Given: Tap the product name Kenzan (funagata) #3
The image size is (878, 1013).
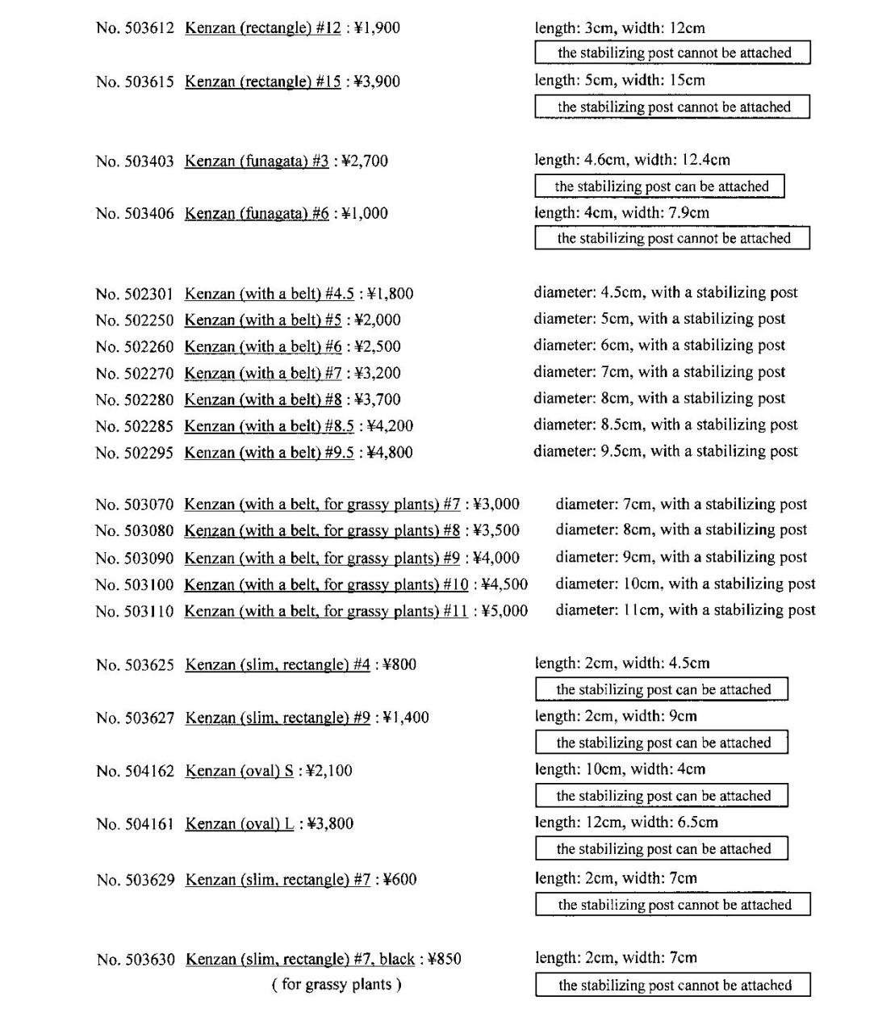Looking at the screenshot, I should tap(257, 161).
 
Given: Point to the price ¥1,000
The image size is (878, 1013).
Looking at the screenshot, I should tap(365, 214).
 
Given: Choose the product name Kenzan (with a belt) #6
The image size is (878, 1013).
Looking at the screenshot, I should tap(263, 347).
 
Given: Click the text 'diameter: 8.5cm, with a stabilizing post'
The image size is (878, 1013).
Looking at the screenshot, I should tap(665, 425).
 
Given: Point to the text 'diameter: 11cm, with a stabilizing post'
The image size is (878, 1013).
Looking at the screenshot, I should tap(685, 610).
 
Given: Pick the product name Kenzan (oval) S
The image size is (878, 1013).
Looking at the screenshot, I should tap(240, 772).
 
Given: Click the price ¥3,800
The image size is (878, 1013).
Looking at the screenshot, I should tap(330, 825).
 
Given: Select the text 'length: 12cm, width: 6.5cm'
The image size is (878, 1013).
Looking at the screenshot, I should tap(626, 823).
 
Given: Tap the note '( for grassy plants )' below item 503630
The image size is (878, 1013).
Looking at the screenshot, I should tap(337, 985).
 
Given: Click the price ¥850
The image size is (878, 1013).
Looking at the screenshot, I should tap(445, 960).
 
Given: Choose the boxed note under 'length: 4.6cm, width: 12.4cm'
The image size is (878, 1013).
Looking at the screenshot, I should tap(659, 186).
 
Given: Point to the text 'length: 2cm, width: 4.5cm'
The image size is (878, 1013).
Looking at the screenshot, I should tap(622, 663).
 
